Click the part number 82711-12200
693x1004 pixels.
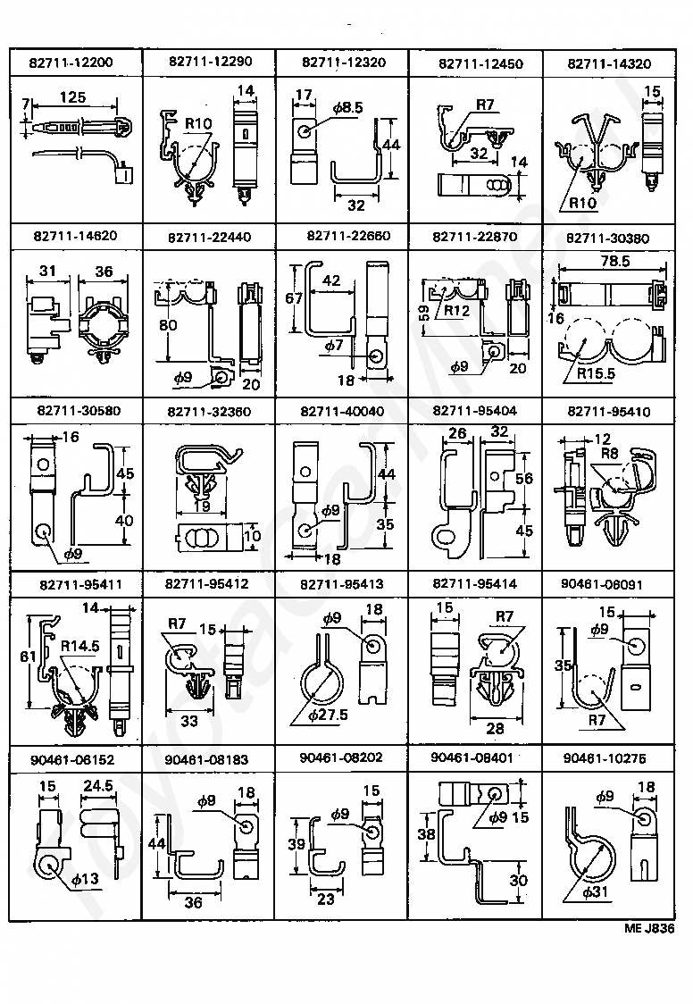point(76,63)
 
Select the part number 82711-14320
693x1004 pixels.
point(609,63)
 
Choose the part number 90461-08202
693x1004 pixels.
point(342,757)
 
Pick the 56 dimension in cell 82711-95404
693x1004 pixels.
point(524,479)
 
